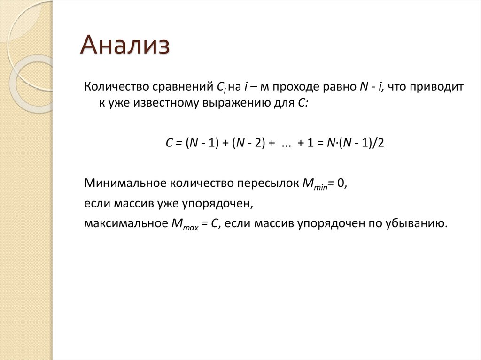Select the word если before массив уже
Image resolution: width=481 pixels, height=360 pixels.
96,204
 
